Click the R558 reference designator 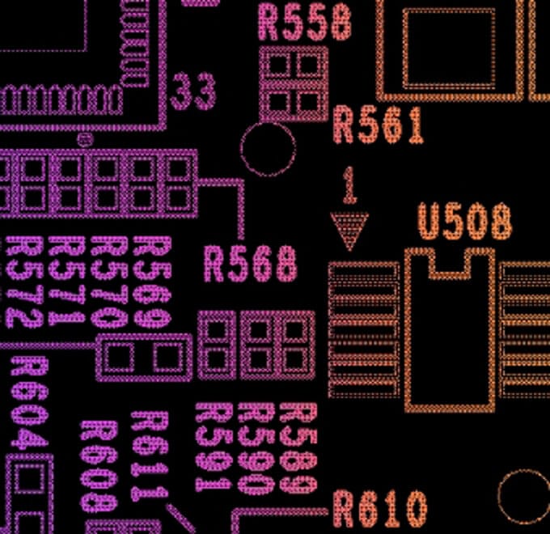tap(305, 22)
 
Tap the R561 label tap(379, 125)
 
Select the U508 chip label tap(464, 221)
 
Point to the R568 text tap(250, 265)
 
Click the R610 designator tap(379, 510)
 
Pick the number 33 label tap(194, 92)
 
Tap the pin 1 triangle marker tap(349, 231)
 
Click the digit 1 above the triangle tap(349, 185)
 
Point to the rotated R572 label tap(24, 282)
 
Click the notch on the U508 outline tap(451, 261)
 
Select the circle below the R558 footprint tap(269, 150)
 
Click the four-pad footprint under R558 tap(293, 83)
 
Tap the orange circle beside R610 tap(523, 495)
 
